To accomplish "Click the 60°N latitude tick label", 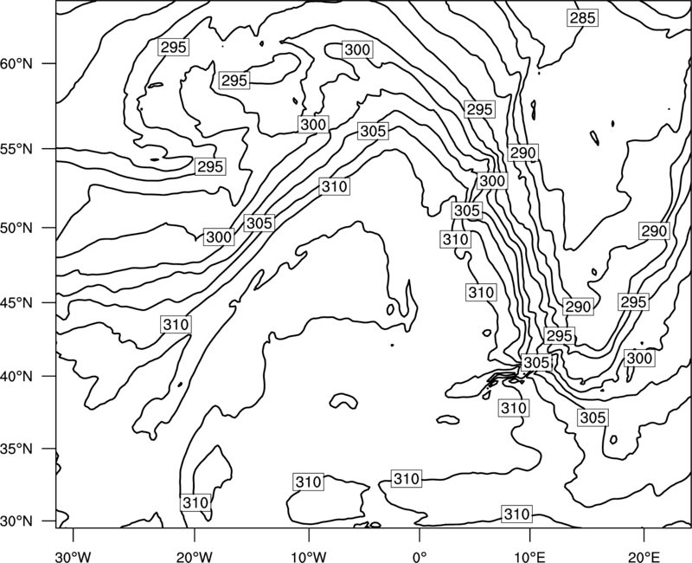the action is tap(16, 64).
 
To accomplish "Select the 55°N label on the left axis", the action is tap(16, 149).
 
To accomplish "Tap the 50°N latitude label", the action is tap(16, 228).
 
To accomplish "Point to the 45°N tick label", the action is tap(16, 302).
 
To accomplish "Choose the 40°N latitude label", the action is tap(16, 377).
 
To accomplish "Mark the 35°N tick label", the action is tap(16, 449).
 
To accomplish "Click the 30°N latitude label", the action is tap(16, 521).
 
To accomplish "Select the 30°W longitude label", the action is tap(73, 556).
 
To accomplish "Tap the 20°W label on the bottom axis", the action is tap(194, 556).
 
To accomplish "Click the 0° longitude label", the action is tap(420, 556).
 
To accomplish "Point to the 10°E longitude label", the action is tap(529, 556).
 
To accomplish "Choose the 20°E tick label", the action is tap(644, 556).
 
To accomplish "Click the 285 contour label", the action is tap(582, 18).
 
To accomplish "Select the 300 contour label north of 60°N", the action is tap(357, 49).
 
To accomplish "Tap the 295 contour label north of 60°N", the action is tap(174, 48).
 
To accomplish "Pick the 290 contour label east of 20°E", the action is tap(654, 231).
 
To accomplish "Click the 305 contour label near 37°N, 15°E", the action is tap(593, 417).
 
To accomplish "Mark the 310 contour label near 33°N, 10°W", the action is tap(308, 482).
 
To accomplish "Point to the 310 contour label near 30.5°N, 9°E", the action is tap(516, 514).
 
